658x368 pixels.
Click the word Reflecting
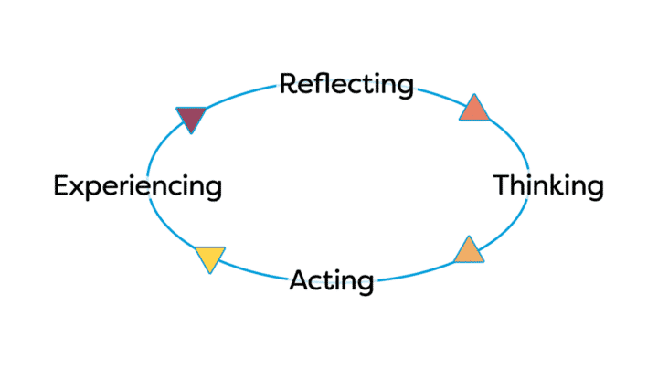[346, 85]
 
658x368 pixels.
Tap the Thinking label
[548, 186]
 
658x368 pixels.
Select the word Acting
[332, 280]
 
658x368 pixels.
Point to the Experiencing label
[137, 186]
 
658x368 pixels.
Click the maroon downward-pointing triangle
[191, 118]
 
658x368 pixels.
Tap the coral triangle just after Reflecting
[473, 110]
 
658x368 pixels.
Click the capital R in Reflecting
[288, 85]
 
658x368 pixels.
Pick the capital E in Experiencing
[60, 186]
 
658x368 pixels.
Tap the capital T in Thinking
[502, 186]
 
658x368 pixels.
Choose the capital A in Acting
[300, 280]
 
